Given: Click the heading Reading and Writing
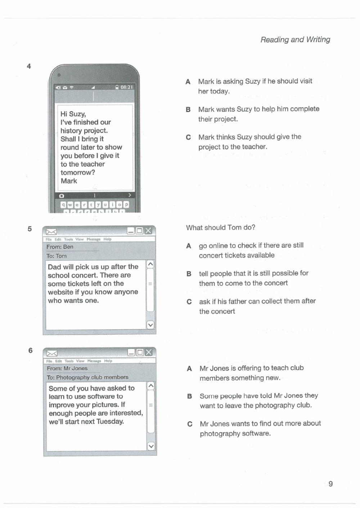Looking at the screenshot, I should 295,40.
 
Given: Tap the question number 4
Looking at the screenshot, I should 29,66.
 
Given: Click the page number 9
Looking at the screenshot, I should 330,484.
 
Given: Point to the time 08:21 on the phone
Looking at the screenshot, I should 127,87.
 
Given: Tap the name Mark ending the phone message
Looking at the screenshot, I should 69,181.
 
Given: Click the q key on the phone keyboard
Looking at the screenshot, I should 63,205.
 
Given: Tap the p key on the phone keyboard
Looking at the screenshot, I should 126,205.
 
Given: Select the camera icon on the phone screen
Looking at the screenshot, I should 62,196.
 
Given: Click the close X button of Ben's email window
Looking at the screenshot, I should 148,231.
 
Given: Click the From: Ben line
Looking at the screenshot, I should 60,247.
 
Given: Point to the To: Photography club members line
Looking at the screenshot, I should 87,377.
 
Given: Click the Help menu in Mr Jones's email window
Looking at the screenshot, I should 108,361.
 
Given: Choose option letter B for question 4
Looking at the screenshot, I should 188,109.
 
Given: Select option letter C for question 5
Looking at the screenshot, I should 189,302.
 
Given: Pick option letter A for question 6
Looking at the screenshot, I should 189,368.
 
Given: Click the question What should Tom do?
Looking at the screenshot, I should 220,228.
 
